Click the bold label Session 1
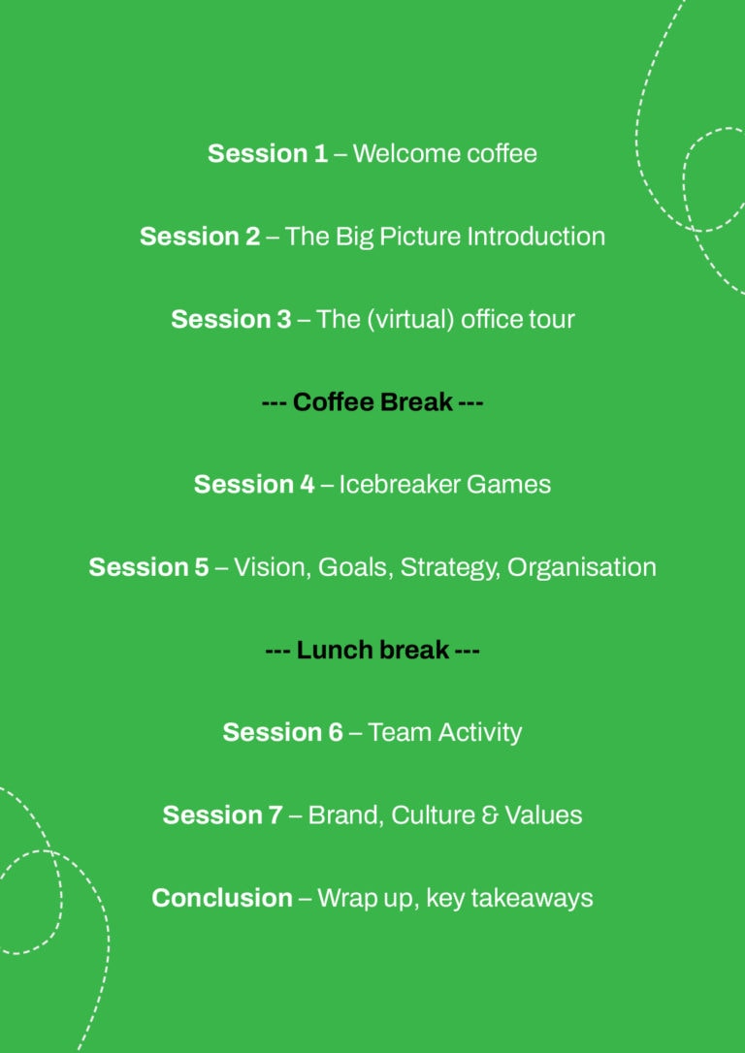tap(268, 154)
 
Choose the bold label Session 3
tap(231, 319)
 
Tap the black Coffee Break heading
tap(372, 401)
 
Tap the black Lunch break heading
tap(372, 650)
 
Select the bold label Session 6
tap(283, 732)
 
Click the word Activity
tap(479, 733)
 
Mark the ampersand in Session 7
tap(492, 815)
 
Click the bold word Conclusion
tap(222, 898)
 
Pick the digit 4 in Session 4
tap(307, 484)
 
